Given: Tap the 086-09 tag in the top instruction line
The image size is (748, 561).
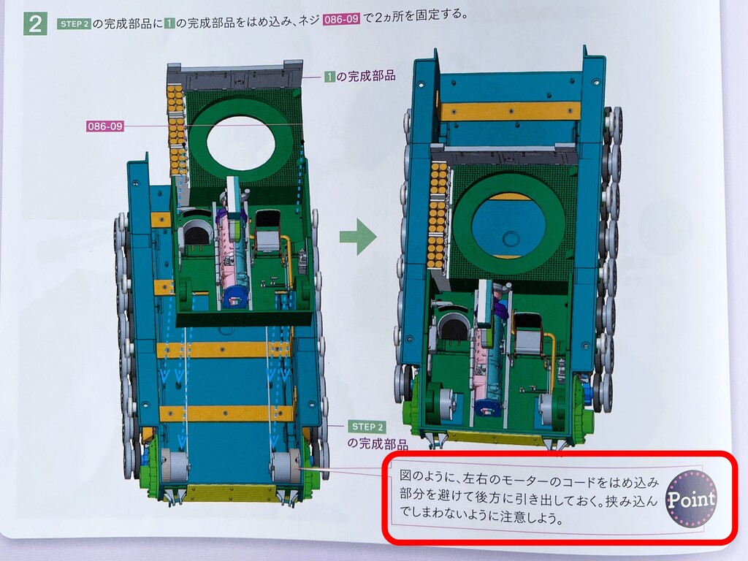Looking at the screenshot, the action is pos(341,20).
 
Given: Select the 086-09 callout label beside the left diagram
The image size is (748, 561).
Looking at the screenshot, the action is pos(105,126).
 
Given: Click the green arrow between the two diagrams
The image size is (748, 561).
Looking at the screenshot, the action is pos(358,236).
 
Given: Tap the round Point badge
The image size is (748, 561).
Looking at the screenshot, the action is pos(691,498).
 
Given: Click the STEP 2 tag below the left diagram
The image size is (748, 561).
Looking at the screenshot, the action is pos(367,427).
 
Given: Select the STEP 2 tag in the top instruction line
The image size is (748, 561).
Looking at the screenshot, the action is pos(74,24).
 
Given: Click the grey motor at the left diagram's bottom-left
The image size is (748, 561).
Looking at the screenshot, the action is pos(174,466).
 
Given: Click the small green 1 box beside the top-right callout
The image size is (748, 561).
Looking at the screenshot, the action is pos(329,76).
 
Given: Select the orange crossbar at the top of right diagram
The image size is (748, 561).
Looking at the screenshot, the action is pos(511,111).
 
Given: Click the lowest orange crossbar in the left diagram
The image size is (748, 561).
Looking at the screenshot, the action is pos(226,413).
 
